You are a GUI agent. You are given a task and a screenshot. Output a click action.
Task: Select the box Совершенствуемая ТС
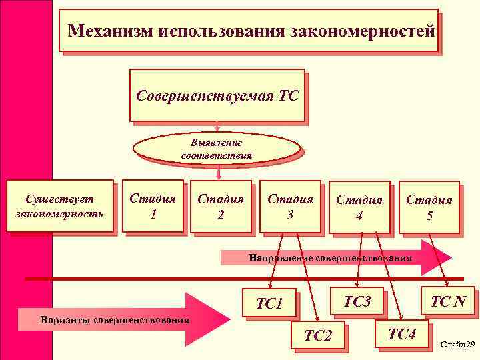click(217, 95)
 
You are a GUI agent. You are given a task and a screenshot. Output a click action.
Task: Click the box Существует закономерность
click(59, 206)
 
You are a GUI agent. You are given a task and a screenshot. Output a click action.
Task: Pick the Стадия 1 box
click(153, 206)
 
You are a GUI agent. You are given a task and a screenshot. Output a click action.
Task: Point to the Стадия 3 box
click(290, 206)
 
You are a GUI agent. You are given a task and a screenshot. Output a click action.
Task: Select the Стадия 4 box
click(359, 207)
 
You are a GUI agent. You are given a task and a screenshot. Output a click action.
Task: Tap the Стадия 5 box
click(429, 207)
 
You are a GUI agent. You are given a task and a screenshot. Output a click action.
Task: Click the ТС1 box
click(270, 304)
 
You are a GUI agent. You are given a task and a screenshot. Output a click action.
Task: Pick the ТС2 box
click(317, 335)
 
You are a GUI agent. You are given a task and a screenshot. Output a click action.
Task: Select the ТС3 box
click(357, 301)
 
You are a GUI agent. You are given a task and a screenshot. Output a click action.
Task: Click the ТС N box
click(448, 301)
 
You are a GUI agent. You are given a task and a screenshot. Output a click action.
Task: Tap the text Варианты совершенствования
click(114, 319)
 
